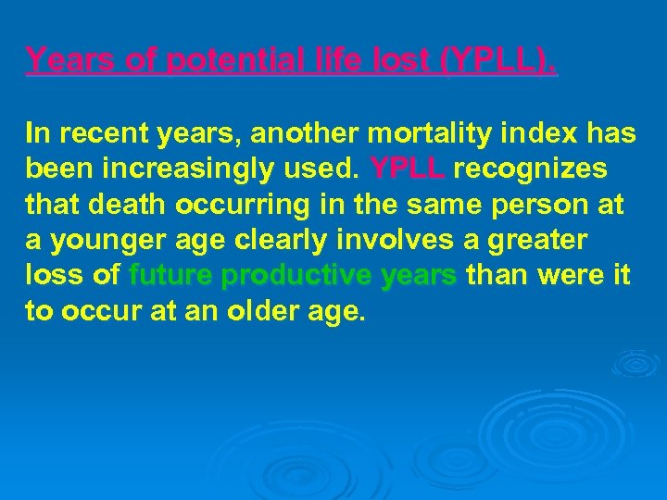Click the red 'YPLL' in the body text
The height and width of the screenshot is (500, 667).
[409, 169]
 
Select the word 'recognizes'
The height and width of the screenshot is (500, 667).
[531, 169]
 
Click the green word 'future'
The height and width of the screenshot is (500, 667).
[172, 275]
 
